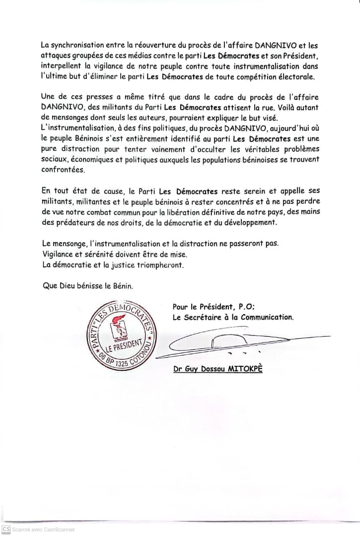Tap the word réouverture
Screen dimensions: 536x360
pyautogui.click(x=148, y=45)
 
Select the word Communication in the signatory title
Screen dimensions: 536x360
pyautogui.click(x=266, y=317)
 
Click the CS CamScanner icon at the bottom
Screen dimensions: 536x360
pyautogui.click(x=6, y=529)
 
